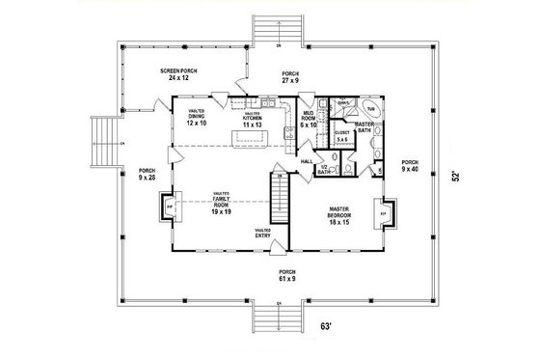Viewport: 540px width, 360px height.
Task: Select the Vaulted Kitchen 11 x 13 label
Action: coord(253,120)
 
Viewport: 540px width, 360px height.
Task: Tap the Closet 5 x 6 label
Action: coord(341,136)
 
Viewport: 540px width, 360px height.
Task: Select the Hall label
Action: coord(307,161)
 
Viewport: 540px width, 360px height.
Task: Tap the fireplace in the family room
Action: coord(171,207)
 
